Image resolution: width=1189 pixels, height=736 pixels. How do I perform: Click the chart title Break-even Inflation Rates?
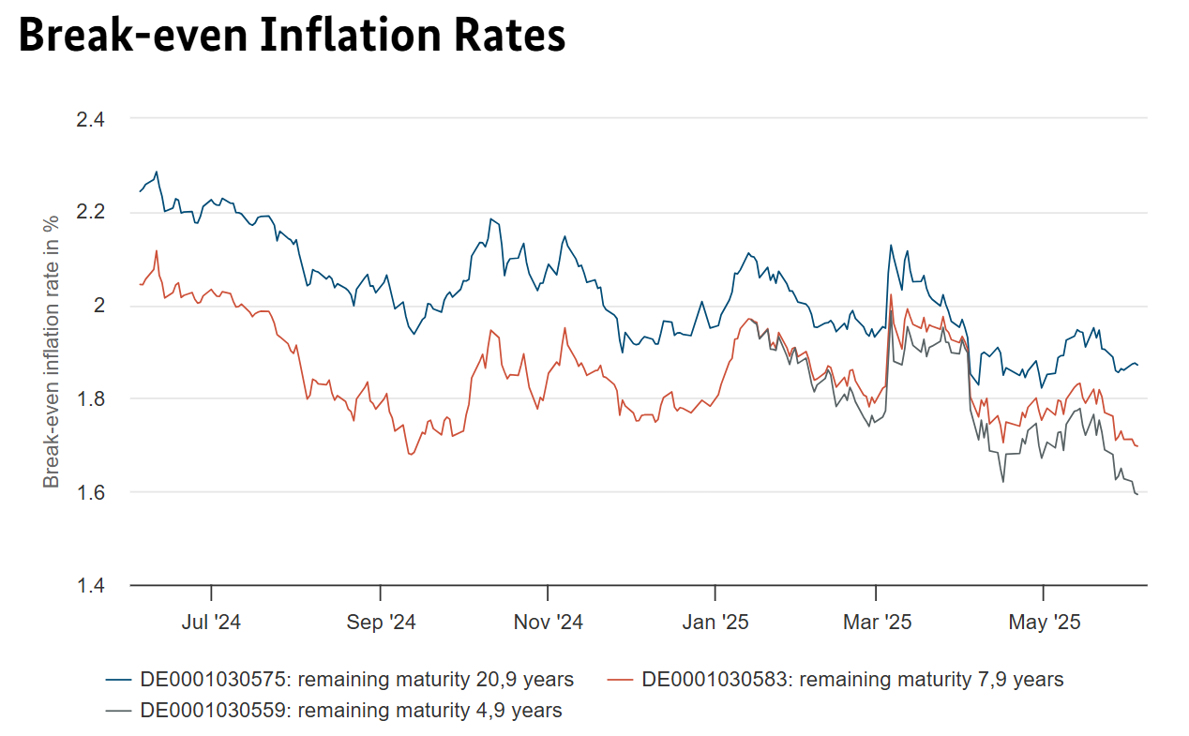(292, 37)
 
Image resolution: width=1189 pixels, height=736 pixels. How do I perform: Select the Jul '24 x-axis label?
(212, 622)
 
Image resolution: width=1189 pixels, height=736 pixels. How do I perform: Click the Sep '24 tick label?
(380, 622)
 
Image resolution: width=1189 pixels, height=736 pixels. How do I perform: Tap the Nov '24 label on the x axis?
(548, 622)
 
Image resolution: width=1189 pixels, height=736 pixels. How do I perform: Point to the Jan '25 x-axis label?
(715, 622)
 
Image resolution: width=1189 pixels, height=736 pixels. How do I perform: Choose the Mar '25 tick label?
(876, 622)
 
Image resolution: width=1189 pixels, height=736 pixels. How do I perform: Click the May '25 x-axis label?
(1044, 622)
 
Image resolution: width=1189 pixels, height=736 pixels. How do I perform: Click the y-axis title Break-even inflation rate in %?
(52, 351)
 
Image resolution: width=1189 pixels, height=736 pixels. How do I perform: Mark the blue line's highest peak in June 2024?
(156, 172)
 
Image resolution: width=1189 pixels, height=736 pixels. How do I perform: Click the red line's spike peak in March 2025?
(890, 294)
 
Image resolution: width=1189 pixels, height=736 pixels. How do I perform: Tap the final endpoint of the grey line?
(1137, 494)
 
